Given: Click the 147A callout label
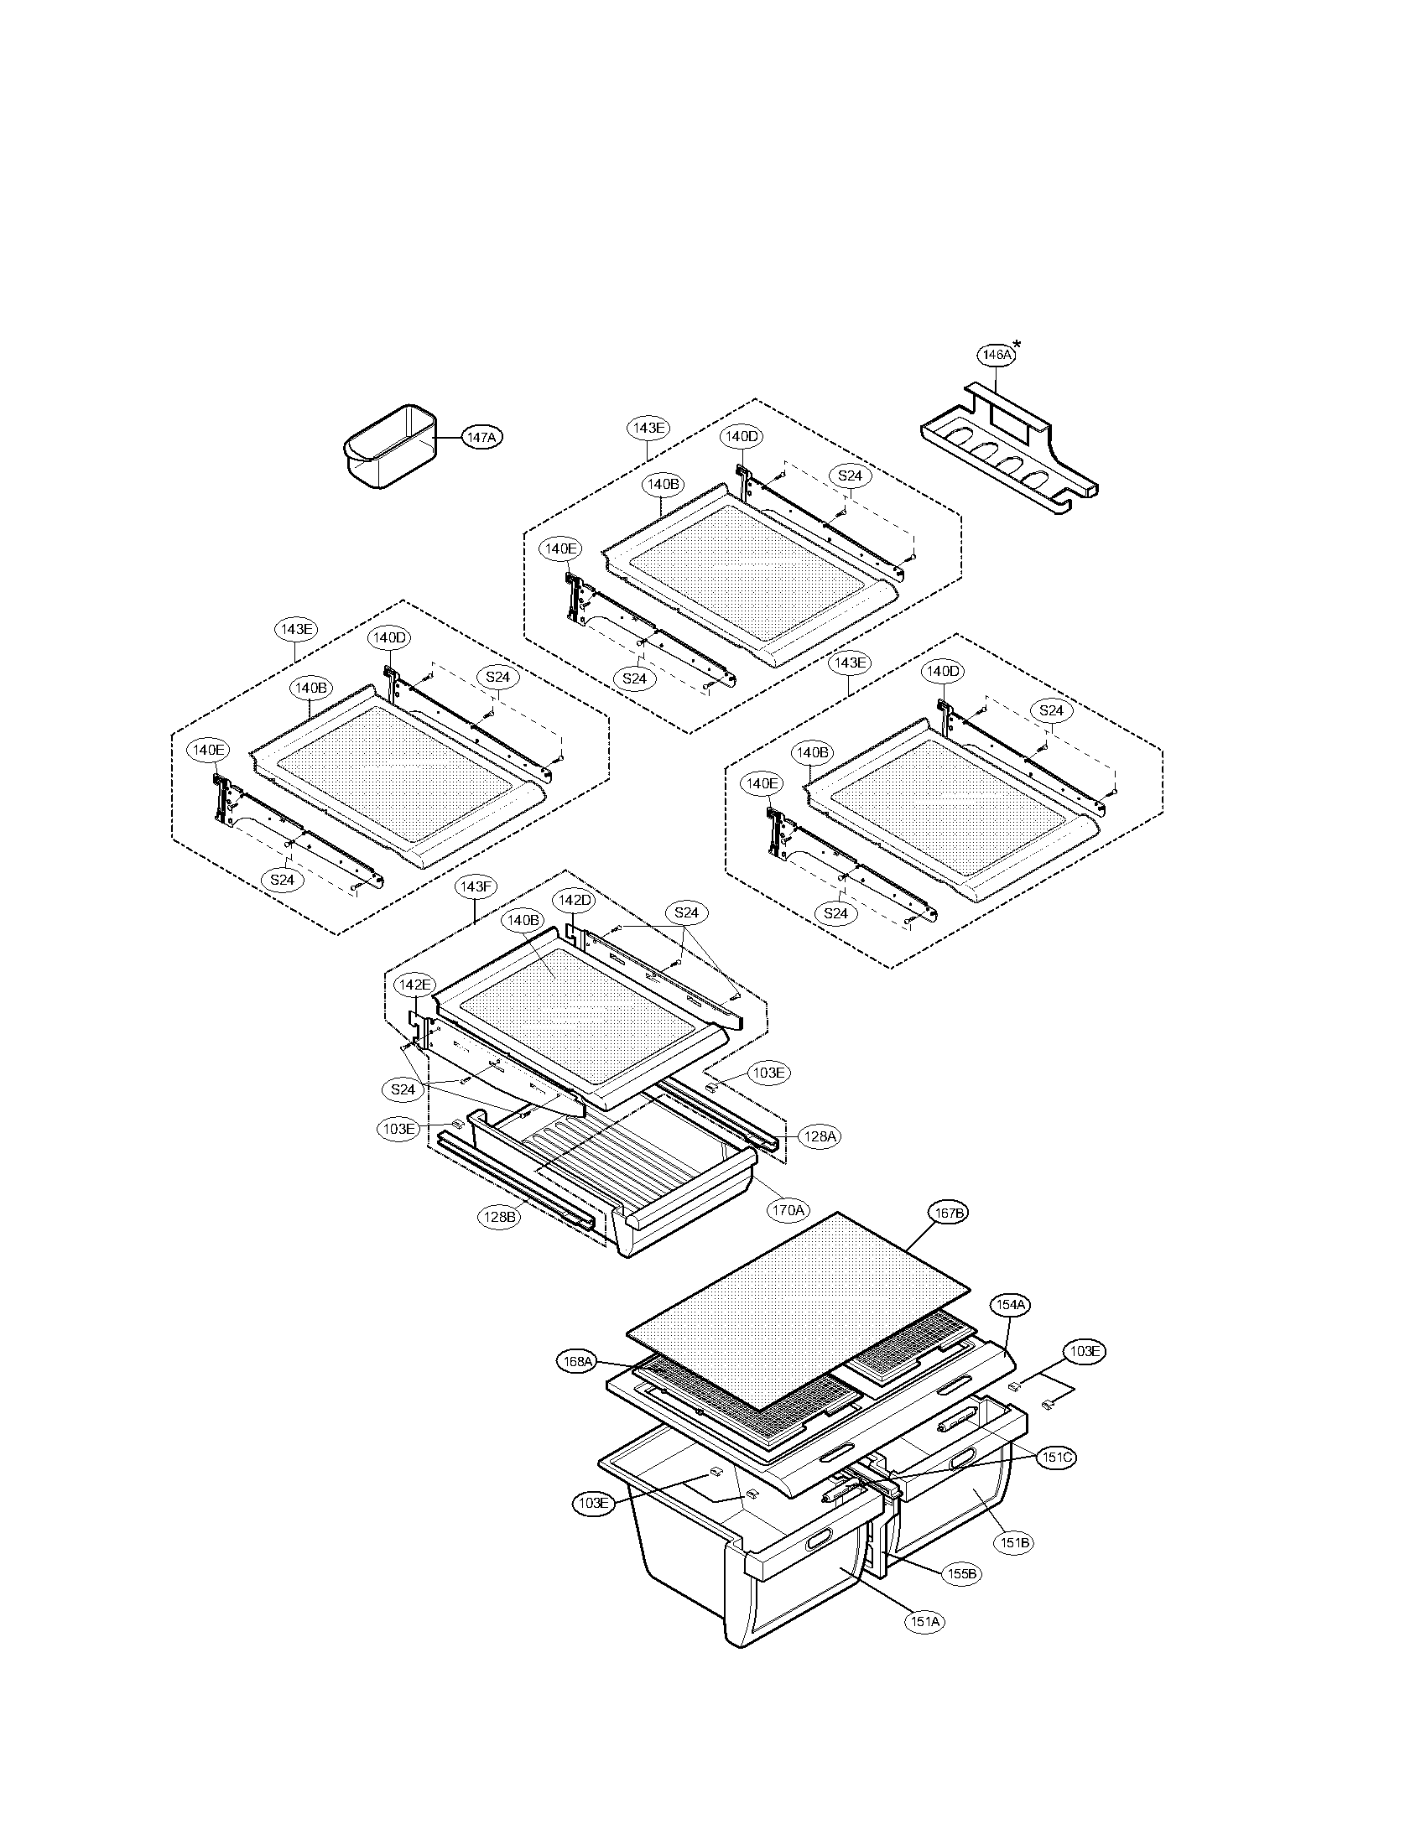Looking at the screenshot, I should point(481,437).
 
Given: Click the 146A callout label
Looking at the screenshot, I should point(995,356).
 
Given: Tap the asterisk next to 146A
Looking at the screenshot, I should point(1017,345).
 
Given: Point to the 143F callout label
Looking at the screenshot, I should point(475,886).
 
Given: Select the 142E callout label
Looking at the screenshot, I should point(414,985).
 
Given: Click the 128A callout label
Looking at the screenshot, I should point(819,1136).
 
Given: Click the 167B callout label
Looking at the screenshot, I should point(948,1214).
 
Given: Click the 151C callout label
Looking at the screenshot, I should point(1057,1458).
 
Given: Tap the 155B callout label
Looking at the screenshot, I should point(961,1574).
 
